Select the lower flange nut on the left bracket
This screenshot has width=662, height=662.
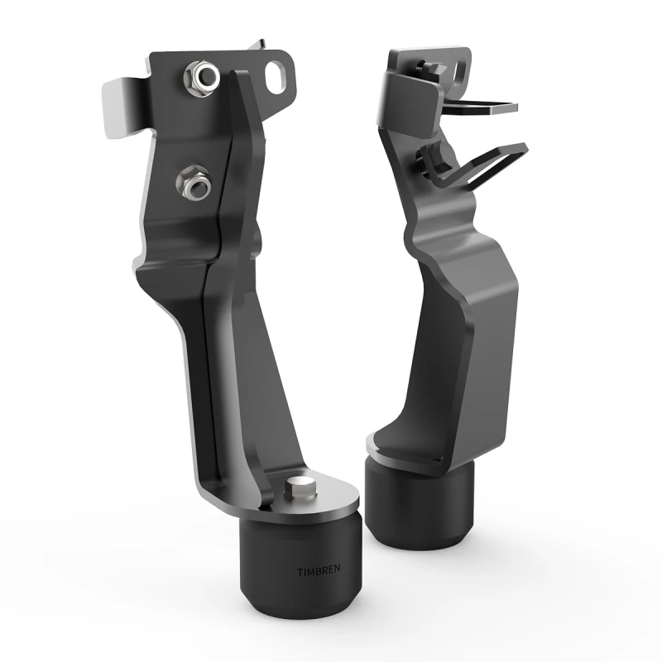(195, 182)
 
